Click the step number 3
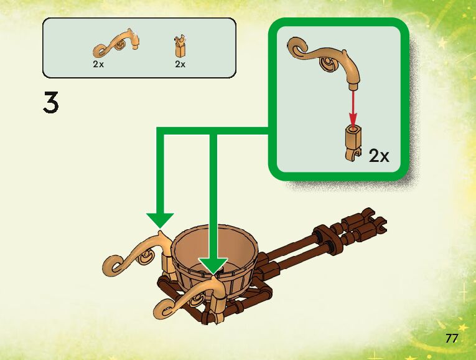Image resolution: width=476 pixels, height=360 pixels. (51, 103)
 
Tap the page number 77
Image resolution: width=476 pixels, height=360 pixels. (452, 338)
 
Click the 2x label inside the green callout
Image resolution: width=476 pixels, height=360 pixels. (378, 156)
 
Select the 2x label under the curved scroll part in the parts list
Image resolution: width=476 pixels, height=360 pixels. (98, 64)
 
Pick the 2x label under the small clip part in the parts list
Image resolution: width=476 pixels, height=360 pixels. (180, 64)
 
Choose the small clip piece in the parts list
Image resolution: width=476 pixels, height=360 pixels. (180, 47)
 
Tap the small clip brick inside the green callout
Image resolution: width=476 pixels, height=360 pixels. (353, 141)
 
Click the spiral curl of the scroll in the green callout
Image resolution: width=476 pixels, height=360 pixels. (297, 47)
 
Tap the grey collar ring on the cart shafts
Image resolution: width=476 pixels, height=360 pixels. (323, 235)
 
